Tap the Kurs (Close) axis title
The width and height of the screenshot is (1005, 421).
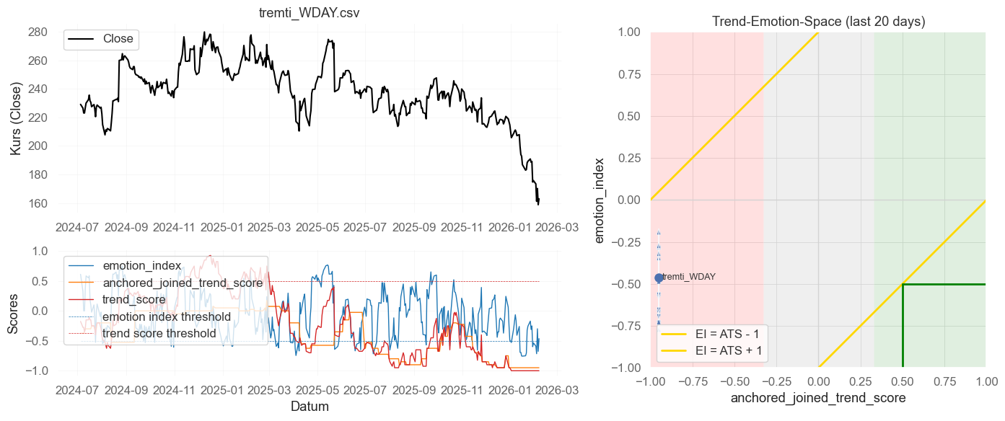15,118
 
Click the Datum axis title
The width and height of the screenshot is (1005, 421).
310,407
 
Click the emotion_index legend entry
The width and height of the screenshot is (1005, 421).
142,265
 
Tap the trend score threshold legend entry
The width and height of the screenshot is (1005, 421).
159,334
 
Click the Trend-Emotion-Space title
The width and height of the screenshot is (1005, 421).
818,22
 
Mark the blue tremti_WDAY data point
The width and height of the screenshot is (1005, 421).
659,278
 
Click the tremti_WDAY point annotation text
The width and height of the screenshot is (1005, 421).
689,277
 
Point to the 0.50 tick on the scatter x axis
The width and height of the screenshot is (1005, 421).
902,381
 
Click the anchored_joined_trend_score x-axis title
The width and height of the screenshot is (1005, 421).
818,398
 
